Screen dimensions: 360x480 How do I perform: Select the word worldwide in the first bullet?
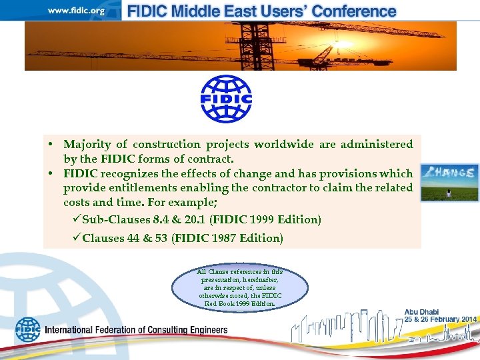[309, 144]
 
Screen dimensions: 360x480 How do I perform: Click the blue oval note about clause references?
[240, 287]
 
